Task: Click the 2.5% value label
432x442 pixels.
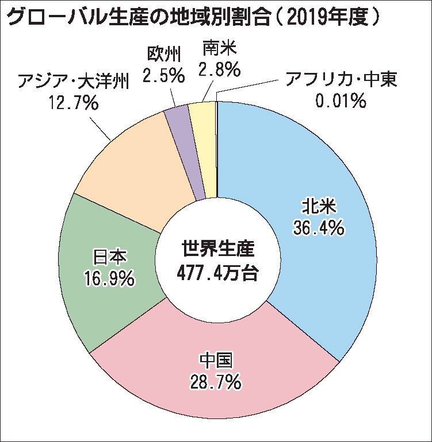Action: point(163,75)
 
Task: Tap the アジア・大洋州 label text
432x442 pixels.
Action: point(72,82)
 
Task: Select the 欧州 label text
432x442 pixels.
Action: point(163,55)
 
